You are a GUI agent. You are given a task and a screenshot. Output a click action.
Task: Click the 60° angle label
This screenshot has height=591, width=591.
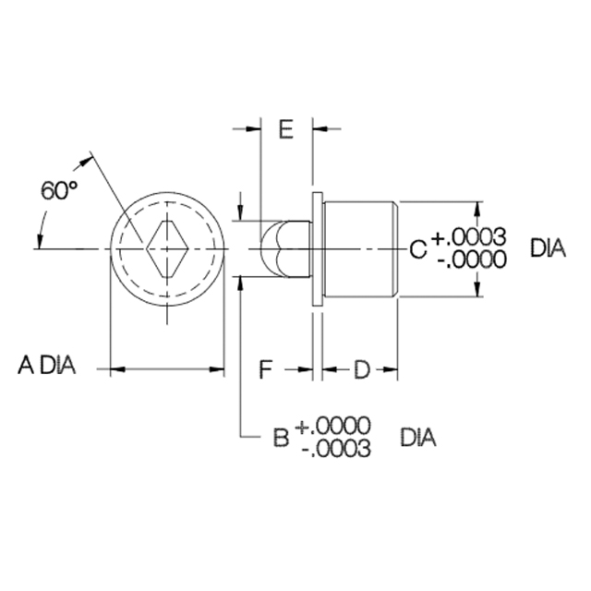click(59, 191)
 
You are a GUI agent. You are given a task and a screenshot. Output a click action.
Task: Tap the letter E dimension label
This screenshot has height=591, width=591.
click(286, 129)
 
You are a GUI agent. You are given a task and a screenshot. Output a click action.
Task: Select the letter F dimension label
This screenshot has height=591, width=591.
click(266, 369)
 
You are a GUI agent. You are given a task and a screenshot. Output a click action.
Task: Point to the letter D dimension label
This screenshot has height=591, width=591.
click(362, 369)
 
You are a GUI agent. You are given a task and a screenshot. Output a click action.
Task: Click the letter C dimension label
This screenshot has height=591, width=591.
click(418, 249)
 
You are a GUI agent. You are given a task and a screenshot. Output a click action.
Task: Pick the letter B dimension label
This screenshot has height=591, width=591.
click(281, 438)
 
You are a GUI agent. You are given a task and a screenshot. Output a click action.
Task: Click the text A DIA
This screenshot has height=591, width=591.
click(47, 366)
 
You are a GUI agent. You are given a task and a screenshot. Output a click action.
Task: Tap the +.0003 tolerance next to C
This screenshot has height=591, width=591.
click(468, 237)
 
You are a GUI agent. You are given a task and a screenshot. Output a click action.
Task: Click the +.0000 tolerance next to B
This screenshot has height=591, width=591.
click(332, 427)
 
